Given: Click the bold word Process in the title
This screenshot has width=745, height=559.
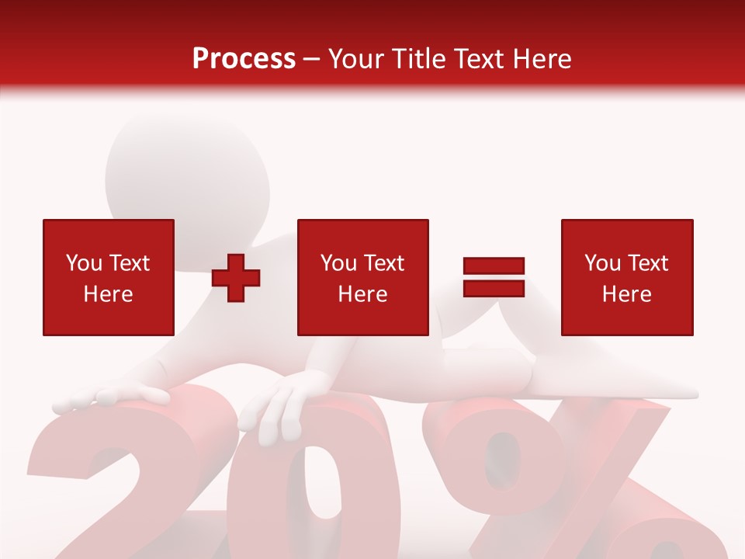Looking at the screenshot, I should [244, 59].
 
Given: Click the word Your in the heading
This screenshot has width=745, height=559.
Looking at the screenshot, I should [356, 59].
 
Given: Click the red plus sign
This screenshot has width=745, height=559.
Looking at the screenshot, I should [236, 278].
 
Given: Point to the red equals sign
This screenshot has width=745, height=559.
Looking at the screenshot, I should [494, 277].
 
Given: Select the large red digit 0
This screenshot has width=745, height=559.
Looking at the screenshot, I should [326, 489].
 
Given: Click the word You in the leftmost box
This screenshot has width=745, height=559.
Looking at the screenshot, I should [84, 263].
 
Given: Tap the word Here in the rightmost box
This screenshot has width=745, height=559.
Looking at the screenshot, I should [626, 294].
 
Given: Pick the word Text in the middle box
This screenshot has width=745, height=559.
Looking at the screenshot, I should [385, 263].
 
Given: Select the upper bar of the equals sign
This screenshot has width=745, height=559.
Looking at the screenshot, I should [494, 266].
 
